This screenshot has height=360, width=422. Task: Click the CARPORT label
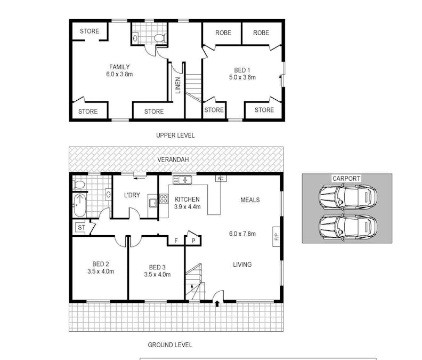point(346,178)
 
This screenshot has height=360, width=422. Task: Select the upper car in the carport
point(347,197)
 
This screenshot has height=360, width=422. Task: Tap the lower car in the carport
point(347,227)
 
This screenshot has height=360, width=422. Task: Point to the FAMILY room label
point(119,67)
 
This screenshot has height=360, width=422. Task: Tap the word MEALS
point(250,200)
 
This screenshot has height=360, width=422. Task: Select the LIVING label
point(242,265)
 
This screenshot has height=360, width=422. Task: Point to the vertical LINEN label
point(178,85)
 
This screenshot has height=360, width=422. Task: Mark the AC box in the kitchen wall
point(218,179)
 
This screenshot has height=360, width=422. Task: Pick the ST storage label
point(82,228)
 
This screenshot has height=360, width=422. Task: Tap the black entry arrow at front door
point(217,304)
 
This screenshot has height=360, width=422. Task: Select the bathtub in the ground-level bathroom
point(79,205)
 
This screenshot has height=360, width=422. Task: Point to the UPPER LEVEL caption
point(175,135)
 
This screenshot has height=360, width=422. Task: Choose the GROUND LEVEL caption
point(170,345)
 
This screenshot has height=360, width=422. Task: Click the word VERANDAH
point(175,160)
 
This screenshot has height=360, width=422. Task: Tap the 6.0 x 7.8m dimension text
point(242,234)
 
